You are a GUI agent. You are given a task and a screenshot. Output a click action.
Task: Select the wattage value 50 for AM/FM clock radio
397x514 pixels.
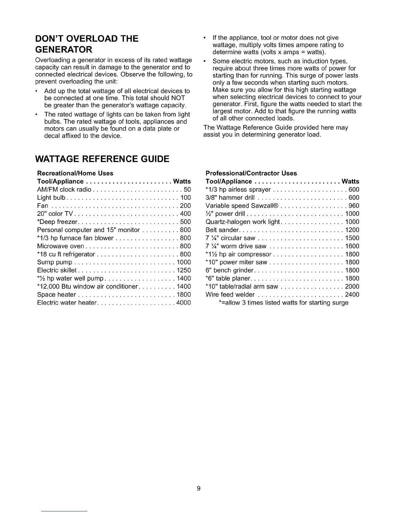click(187, 190)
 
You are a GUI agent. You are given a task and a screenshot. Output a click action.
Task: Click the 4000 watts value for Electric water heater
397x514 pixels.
click(183, 303)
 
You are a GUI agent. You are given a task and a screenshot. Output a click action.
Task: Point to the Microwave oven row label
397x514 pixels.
click(61, 246)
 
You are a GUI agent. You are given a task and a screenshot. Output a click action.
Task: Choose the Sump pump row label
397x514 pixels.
click(54, 262)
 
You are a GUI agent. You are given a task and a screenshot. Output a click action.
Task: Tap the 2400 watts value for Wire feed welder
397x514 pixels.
click(352, 295)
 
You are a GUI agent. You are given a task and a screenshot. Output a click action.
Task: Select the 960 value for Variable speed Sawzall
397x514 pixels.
click(354, 206)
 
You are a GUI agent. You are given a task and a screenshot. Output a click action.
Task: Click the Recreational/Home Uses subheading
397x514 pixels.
click(75, 173)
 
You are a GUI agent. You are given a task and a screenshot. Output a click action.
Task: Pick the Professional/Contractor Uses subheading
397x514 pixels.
click(251, 173)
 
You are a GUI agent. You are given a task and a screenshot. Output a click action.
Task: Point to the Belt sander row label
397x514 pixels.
click(222, 230)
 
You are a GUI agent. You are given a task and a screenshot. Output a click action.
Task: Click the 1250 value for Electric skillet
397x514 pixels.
click(183, 270)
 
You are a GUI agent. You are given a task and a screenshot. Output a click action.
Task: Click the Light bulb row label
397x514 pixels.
click(52, 198)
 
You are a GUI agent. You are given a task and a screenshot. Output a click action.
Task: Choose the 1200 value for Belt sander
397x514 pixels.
click(352, 230)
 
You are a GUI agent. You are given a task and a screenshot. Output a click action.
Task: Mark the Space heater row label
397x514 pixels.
click(56, 295)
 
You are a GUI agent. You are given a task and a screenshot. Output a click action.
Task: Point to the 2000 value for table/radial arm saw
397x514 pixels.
click(352, 287)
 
